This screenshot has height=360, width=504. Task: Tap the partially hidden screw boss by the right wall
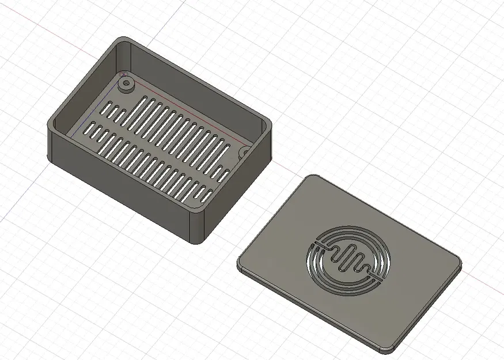(245, 152)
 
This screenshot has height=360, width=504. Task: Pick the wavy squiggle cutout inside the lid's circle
(350, 261)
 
